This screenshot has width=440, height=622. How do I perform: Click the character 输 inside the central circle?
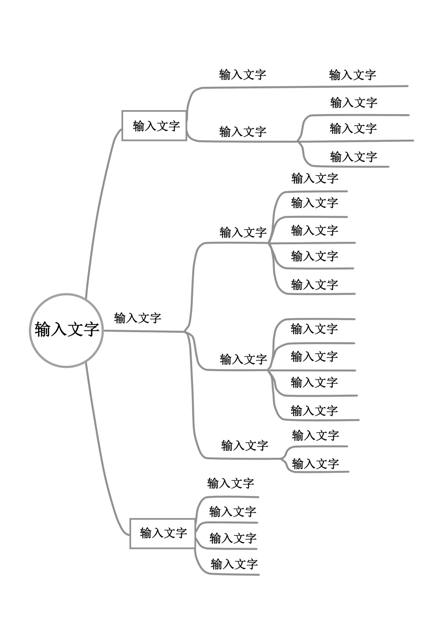tap(43, 329)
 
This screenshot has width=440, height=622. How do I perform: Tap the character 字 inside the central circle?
tap(91, 329)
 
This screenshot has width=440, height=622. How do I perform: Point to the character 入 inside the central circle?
tap(59, 329)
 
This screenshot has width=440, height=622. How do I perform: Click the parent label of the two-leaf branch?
tap(245, 445)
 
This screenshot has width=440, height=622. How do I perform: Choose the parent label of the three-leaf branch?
tap(243, 132)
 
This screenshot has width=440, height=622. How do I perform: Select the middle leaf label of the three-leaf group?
tap(353, 128)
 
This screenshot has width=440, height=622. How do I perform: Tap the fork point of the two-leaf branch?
tap(281, 459)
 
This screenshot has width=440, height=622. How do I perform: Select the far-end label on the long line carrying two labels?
tap(352, 75)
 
